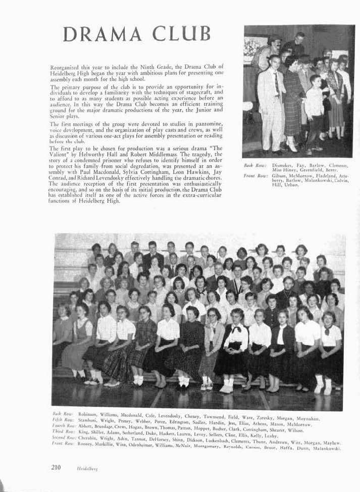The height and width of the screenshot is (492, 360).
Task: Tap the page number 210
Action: tap(56, 467)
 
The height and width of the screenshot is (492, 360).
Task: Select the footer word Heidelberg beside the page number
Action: tap(87, 469)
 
